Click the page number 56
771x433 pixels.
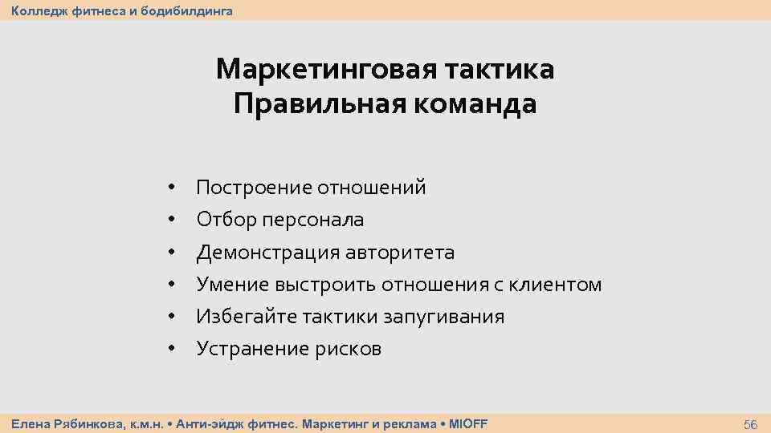pos(751,423)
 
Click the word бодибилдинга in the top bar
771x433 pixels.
pos(191,10)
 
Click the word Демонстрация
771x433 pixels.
pos(268,253)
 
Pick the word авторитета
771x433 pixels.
pos(400,253)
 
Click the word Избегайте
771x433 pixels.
pos(247,317)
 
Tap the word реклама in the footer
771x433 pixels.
pos(405,423)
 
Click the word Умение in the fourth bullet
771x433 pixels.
pos(232,285)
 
